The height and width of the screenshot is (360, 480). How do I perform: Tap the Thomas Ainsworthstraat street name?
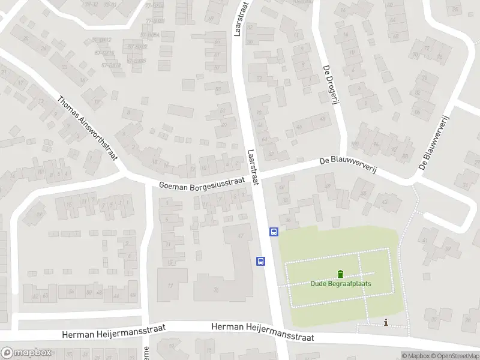click(88, 127)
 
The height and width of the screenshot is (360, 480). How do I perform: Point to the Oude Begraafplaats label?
click(341, 284)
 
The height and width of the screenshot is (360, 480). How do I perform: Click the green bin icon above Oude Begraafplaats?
click(341, 274)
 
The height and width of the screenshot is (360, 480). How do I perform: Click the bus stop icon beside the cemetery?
click(274, 232)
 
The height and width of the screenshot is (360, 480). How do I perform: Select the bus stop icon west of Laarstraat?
click(261, 260)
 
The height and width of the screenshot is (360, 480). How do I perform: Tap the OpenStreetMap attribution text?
click(456, 356)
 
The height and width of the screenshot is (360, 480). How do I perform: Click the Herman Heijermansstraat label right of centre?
click(263, 331)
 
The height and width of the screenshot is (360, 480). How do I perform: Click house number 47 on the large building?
click(241, 235)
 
